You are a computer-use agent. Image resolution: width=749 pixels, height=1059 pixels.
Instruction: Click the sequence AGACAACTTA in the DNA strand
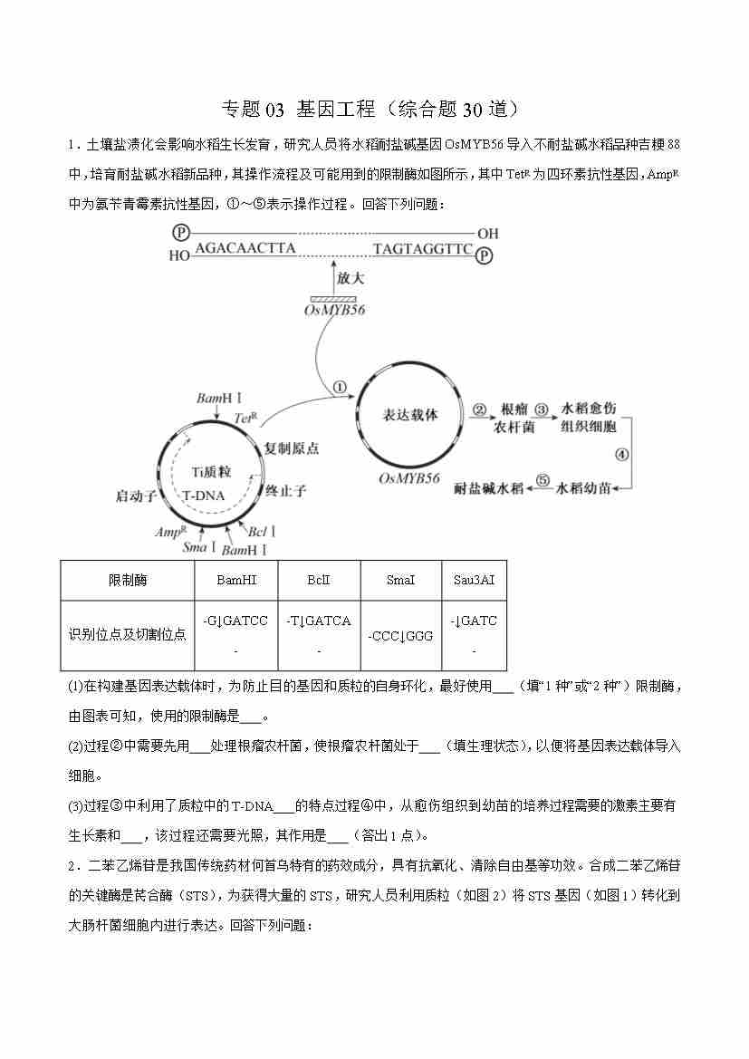click(245, 248)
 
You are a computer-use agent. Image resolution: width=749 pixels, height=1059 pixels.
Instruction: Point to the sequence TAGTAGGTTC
click(423, 248)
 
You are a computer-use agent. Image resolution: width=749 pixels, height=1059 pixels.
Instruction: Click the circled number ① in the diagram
click(341, 387)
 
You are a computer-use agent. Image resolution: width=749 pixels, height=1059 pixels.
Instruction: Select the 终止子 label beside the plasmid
click(286, 491)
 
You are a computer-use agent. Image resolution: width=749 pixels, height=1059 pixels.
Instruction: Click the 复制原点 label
click(292, 448)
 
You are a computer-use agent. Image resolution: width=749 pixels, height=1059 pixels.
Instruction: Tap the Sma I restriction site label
click(199, 547)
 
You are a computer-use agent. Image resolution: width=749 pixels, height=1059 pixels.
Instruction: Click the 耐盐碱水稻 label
click(488, 488)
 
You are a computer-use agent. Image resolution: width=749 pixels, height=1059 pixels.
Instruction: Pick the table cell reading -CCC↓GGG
click(400, 636)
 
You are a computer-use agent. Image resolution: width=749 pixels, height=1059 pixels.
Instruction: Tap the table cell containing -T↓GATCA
click(318, 621)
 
